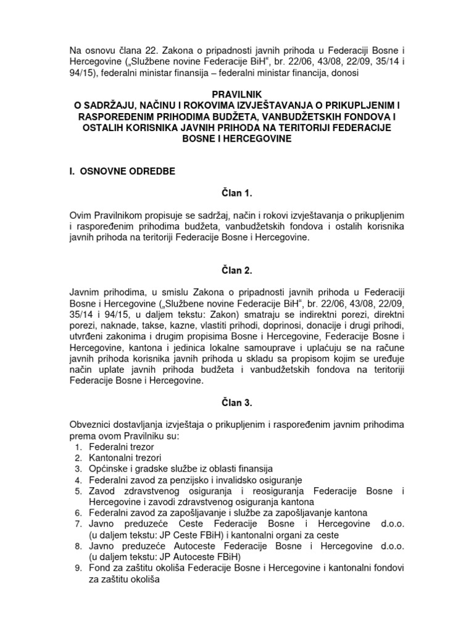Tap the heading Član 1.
(x=237, y=193)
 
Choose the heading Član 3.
(x=237, y=403)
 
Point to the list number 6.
(x=77, y=513)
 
